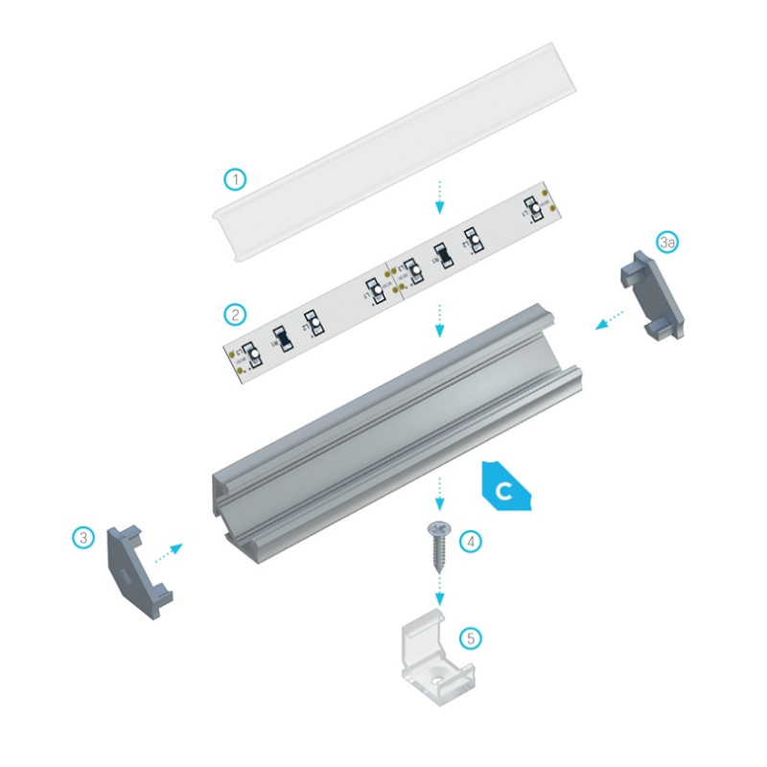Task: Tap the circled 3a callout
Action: [x=668, y=244]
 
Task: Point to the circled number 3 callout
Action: [x=84, y=538]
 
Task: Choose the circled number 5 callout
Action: [x=468, y=637]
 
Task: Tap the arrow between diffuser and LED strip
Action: [x=439, y=197]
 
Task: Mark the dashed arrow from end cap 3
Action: [x=168, y=551]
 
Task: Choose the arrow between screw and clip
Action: [x=440, y=588]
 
